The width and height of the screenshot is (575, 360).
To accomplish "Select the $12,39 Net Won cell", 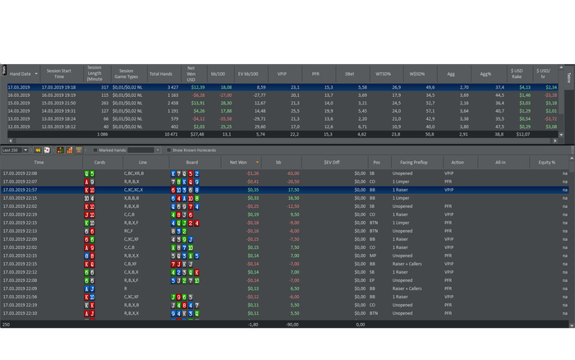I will [x=196, y=86].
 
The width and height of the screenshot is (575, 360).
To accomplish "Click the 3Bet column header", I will [x=350, y=74].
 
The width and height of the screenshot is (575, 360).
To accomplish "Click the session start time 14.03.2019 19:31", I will [x=59, y=110].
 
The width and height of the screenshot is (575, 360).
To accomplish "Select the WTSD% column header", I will [x=384, y=74].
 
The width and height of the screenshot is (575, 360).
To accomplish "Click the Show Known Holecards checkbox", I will [x=168, y=150].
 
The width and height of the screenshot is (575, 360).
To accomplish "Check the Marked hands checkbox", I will [x=93, y=150].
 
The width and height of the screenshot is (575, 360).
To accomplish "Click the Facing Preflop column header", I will [x=407, y=162].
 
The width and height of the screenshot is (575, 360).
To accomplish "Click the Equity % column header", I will [x=547, y=162].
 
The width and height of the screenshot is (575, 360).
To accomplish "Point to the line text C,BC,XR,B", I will [x=134, y=173].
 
